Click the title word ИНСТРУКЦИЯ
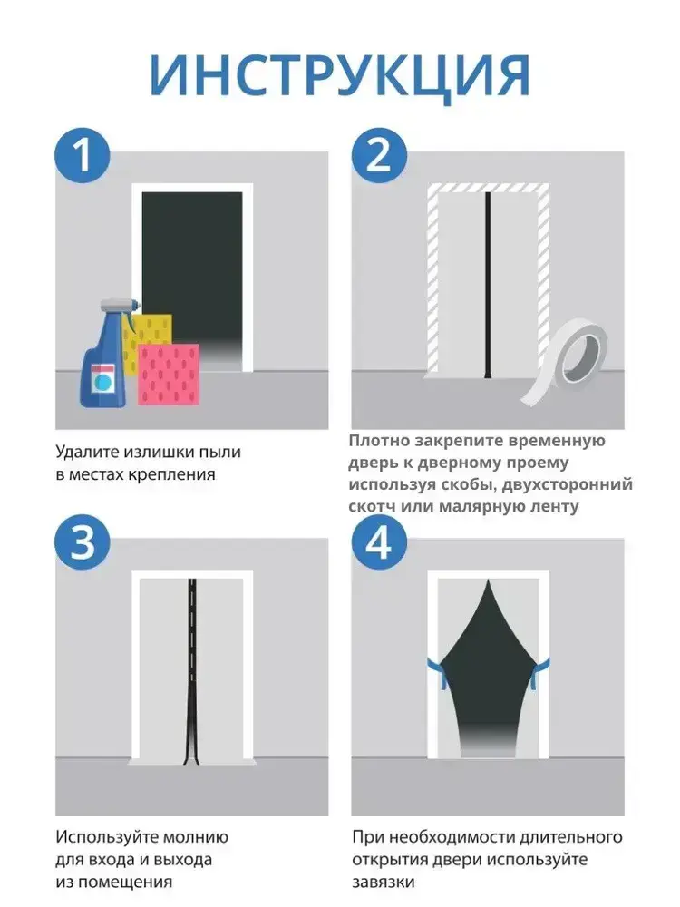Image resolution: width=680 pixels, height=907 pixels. (x=339, y=77)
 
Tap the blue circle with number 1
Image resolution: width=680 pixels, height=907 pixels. (x=83, y=155)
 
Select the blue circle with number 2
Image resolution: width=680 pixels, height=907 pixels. (x=379, y=155)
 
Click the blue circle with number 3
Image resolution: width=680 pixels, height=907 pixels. (x=83, y=542)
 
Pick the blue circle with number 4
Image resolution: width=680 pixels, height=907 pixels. (x=379, y=542)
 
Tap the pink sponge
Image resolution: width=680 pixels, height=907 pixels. (x=169, y=375)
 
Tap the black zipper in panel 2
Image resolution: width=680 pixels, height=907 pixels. (x=488, y=285)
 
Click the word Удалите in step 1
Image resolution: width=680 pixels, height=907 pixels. (x=89, y=452)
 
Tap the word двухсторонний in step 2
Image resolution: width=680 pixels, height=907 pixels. (x=568, y=484)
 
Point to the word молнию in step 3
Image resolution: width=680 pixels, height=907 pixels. (x=196, y=837)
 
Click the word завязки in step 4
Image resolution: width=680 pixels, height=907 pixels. (x=384, y=883)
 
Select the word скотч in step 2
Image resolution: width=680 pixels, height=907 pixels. (x=371, y=507)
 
